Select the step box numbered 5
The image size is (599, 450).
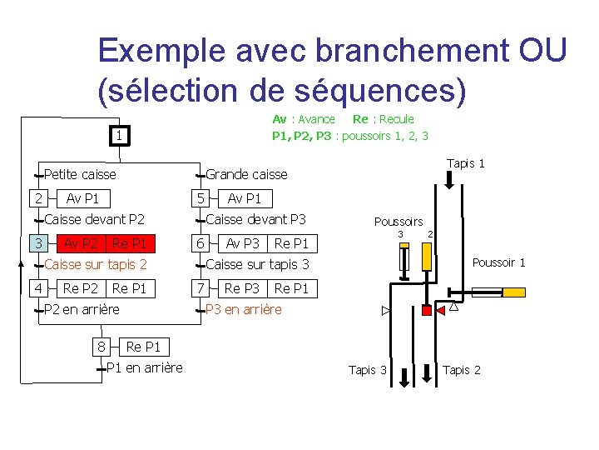tap(200, 198)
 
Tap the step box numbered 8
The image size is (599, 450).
tap(101, 346)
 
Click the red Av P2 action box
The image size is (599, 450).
tap(82, 243)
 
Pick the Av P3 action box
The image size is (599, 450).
tap(243, 243)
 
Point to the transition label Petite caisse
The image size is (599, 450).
tap(80, 174)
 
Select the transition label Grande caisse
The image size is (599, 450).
tap(246, 174)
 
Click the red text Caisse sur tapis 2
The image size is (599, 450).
tap(95, 265)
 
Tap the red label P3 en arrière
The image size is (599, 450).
tap(244, 309)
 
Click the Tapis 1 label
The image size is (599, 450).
tap(466, 163)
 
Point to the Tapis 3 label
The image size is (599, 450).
tap(367, 370)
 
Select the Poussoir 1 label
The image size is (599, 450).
tap(499, 262)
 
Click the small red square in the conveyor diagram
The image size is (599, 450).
tap(427, 310)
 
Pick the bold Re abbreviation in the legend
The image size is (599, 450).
tap(360, 119)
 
